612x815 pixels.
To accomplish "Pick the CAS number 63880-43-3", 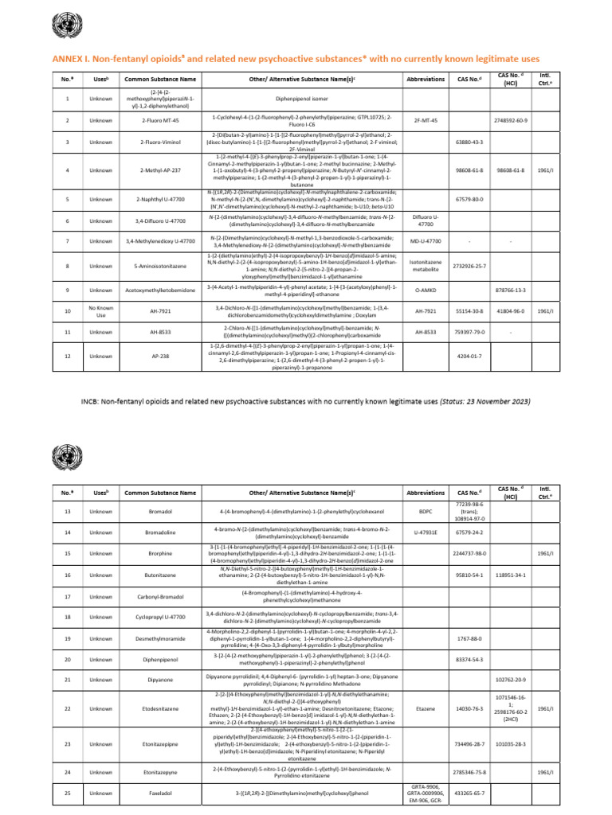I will coord(468,142).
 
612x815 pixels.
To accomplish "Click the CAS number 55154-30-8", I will coord(468,310).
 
